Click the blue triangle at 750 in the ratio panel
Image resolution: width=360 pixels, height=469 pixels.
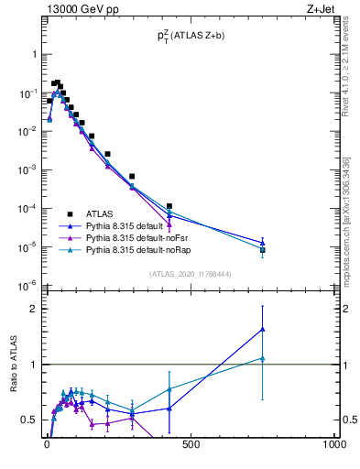coord(263,329)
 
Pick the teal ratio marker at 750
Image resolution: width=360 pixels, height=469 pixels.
coord(263,358)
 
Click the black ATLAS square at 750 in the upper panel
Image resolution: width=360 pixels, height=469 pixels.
coord(263,250)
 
